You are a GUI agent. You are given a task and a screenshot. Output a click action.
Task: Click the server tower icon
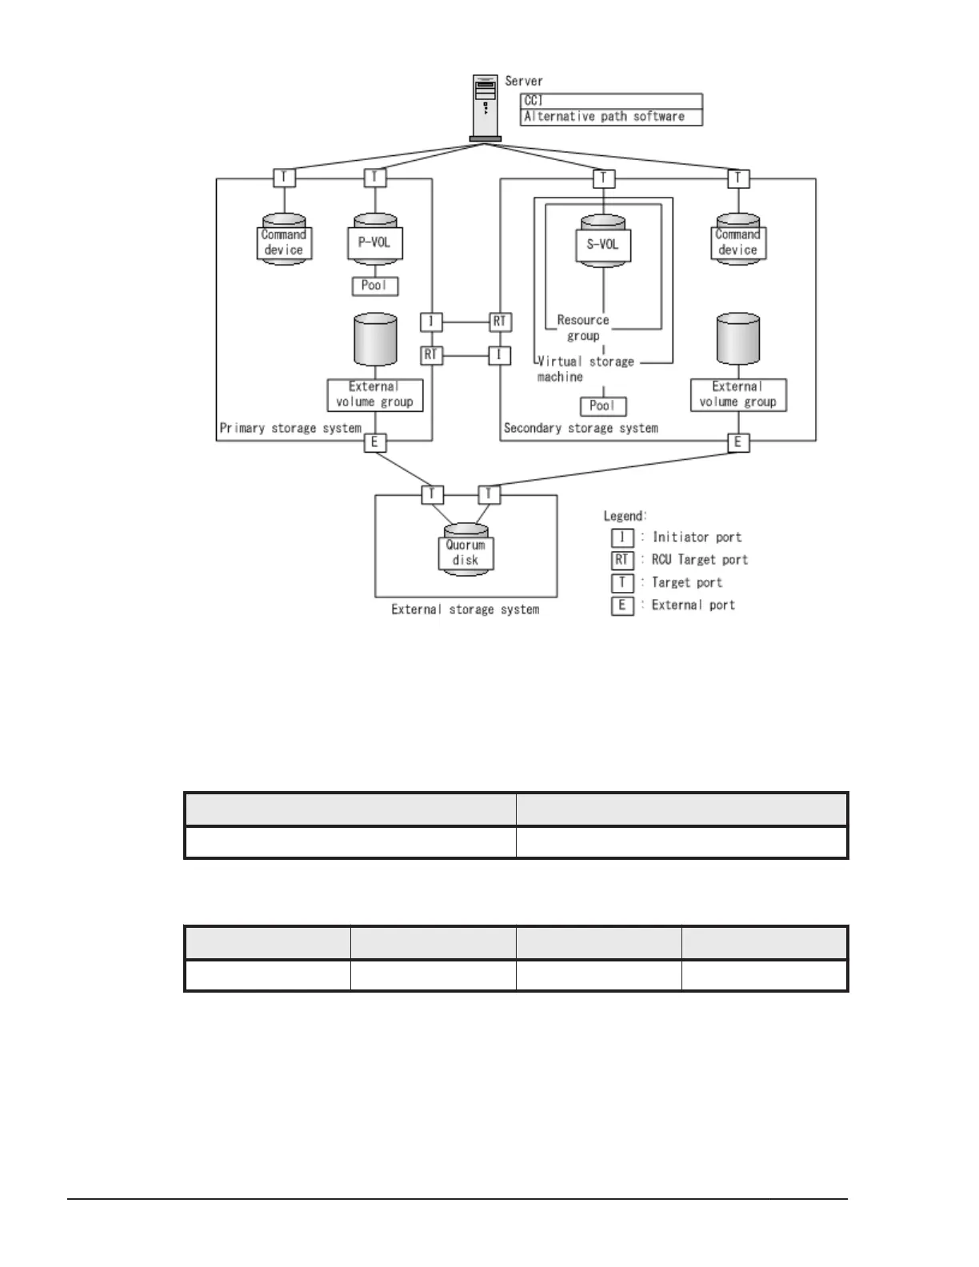485,107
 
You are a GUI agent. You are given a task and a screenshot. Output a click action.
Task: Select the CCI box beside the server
611,101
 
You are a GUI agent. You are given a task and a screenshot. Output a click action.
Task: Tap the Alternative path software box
611,117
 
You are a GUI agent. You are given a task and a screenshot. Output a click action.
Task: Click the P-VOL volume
375,242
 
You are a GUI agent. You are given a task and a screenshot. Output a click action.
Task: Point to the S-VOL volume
603,243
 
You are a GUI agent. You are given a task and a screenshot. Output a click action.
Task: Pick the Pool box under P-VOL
375,286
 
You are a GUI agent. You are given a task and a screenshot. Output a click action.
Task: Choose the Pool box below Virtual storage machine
603,406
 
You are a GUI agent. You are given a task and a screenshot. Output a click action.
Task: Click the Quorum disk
466,552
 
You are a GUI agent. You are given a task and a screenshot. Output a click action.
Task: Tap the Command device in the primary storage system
284,242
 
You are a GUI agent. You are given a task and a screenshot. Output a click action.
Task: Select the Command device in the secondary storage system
737,242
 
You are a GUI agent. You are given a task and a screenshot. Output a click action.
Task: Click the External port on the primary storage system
375,442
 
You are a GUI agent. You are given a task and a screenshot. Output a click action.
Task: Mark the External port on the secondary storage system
737,442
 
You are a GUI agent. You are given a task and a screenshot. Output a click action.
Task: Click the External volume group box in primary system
375,394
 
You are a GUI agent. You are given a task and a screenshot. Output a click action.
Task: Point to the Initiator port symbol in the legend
622,538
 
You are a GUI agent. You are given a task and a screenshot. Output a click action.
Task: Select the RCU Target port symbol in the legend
622,560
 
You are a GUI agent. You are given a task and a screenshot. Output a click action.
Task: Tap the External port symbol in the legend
622,606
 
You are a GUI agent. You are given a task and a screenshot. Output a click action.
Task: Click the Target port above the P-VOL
375,178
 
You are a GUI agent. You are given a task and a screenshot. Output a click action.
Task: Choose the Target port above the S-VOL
603,178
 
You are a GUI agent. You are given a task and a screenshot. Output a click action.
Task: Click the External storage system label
465,610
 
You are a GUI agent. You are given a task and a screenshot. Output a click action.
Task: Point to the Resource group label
583,328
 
